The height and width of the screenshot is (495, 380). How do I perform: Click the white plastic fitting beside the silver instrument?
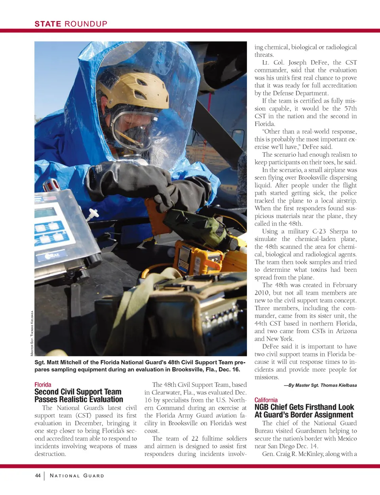[94, 216]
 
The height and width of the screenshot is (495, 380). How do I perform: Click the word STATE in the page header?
[47, 24]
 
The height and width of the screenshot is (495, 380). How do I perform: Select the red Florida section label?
[43, 385]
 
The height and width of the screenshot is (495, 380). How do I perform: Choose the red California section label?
[266, 400]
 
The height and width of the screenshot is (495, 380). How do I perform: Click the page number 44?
[38, 476]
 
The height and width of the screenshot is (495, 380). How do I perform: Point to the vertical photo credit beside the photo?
[32, 333]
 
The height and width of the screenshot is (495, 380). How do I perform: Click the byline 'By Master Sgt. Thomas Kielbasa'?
[320, 385]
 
